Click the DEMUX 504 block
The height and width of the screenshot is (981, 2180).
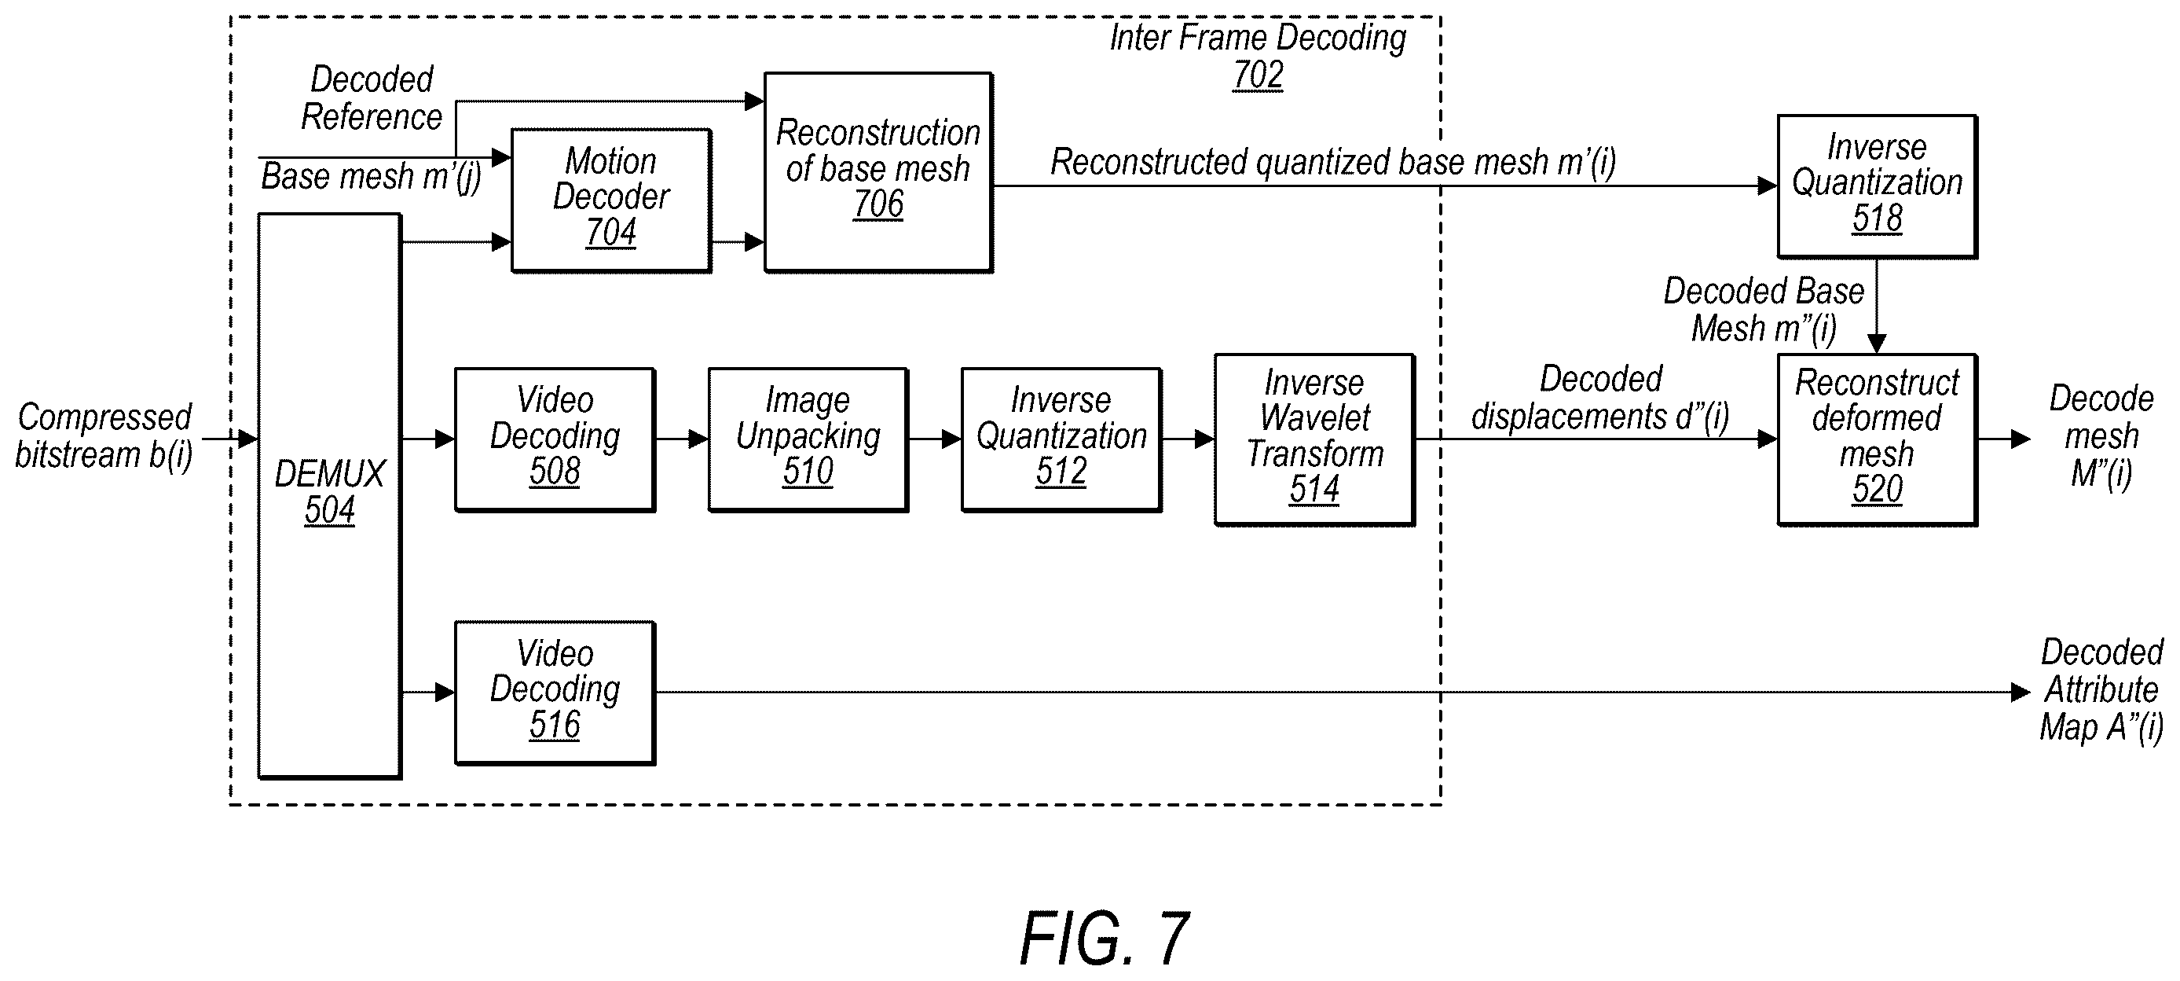pos(329,495)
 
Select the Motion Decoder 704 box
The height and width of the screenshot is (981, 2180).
pos(611,200)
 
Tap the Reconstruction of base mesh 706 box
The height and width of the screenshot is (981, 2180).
pos(878,172)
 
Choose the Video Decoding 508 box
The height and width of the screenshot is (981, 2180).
pos(555,439)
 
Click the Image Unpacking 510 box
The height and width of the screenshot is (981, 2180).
pos(808,439)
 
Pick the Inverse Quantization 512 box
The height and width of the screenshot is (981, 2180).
pos(1061,439)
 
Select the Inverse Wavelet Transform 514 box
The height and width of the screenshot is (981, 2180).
pos(1314,439)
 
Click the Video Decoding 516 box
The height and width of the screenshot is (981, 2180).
pos(555,693)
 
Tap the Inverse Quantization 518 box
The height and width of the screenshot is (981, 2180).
pos(1877,186)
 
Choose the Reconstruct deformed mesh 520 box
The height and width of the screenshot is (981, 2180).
pos(1877,439)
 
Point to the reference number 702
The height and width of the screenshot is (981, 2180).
pos(1258,75)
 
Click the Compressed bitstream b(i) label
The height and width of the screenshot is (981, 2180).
pos(104,436)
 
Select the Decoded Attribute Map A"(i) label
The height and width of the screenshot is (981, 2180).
pos(2101,689)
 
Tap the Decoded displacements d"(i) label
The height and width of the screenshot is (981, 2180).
pos(1599,398)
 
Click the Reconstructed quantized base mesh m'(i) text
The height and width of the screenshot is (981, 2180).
pos(1333,162)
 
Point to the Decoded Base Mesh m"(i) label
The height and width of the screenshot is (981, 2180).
pos(1764,310)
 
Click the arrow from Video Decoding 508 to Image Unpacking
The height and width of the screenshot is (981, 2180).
pos(682,439)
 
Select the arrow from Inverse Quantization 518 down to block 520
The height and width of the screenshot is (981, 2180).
pos(1877,306)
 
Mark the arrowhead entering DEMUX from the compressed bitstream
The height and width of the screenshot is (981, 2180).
pos(247,439)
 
